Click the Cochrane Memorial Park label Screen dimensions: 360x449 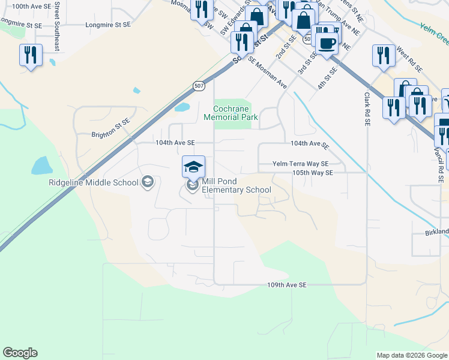point(235,113)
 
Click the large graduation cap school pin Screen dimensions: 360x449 point(194,167)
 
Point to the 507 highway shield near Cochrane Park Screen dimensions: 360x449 point(199,87)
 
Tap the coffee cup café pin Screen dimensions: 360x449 point(327,44)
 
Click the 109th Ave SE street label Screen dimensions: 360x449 point(287,284)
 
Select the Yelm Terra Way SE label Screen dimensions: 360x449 point(300,163)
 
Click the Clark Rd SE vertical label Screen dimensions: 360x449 point(367,109)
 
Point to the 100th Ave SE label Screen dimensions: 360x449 point(31,6)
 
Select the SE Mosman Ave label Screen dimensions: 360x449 point(267,72)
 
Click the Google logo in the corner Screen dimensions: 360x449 point(20,353)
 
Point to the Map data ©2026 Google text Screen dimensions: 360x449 point(411,355)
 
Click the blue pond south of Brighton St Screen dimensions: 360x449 point(41,166)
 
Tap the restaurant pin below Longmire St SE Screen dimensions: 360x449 point(29,55)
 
